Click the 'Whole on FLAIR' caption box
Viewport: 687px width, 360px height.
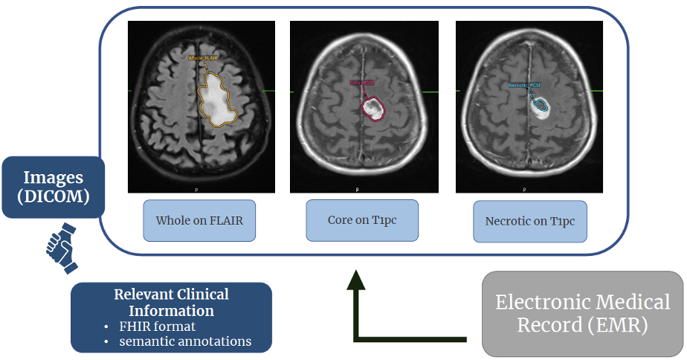pos(199,220)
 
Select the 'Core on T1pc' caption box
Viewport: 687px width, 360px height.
pos(361,220)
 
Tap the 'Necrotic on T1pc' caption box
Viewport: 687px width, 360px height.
pos(529,221)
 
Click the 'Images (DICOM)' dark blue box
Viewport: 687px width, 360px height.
pos(52,187)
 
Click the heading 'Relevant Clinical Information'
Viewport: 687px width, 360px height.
pos(171,302)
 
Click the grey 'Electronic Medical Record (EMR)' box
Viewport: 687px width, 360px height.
pos(582,313)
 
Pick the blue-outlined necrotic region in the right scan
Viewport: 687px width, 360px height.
pos(541,104)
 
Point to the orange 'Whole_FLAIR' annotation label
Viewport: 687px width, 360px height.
pos(204,57)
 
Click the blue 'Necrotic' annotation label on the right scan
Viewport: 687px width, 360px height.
pos(524,86)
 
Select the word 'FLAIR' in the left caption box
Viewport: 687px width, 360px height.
pos(224,220)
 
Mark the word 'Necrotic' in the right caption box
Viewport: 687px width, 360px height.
pos(509,221)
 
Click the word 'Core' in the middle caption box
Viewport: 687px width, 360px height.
pos(341,220)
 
